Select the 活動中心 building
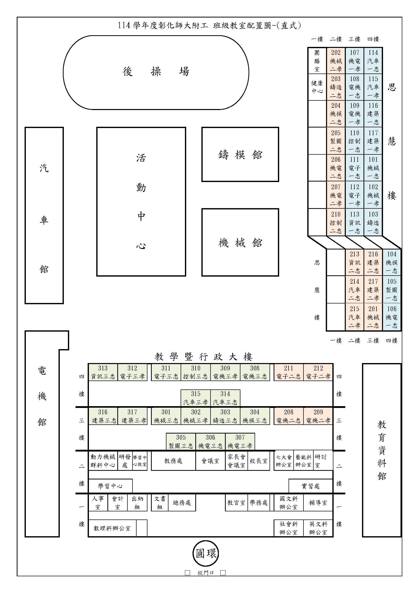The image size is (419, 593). click(x=141, y=202)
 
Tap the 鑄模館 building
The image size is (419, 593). click(x=240, y=154)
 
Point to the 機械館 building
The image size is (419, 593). click(x=240, y=242)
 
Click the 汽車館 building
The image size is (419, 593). click(x=44, y=215)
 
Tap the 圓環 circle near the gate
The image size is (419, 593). click(x=206, y=553)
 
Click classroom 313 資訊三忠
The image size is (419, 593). click(x=103, y=372)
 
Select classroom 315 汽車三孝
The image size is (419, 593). click(x=196, y=398)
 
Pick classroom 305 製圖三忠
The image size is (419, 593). click(x=181, y=441)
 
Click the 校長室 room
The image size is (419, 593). click(x=259, y=461)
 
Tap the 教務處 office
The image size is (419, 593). click(x=173, y=461)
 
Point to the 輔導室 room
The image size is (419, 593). click(x=318, y=502)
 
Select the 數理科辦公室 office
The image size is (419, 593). click(x=112, y=528)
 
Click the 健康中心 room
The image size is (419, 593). click(x=317, y=87)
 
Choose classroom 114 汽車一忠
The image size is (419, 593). click(x=373, y=61)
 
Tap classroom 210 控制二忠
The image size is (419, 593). click(x=336, y=222)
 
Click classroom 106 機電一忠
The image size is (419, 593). click(x=392, y=317)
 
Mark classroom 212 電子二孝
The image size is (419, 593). click(x=318, y=372)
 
